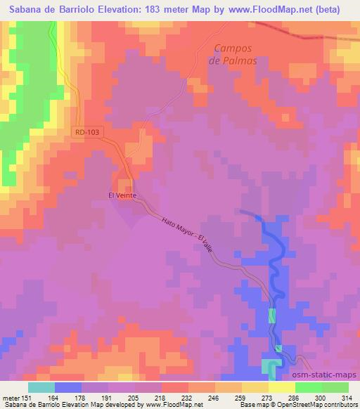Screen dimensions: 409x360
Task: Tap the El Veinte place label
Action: tap(122, 196)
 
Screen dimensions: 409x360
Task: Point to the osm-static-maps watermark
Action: tap(326, 375)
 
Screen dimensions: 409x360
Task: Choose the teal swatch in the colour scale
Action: tap(41, 387)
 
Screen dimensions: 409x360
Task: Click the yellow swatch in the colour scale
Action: tap(282, 387)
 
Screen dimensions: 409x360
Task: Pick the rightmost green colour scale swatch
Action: tap(335, 387)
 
